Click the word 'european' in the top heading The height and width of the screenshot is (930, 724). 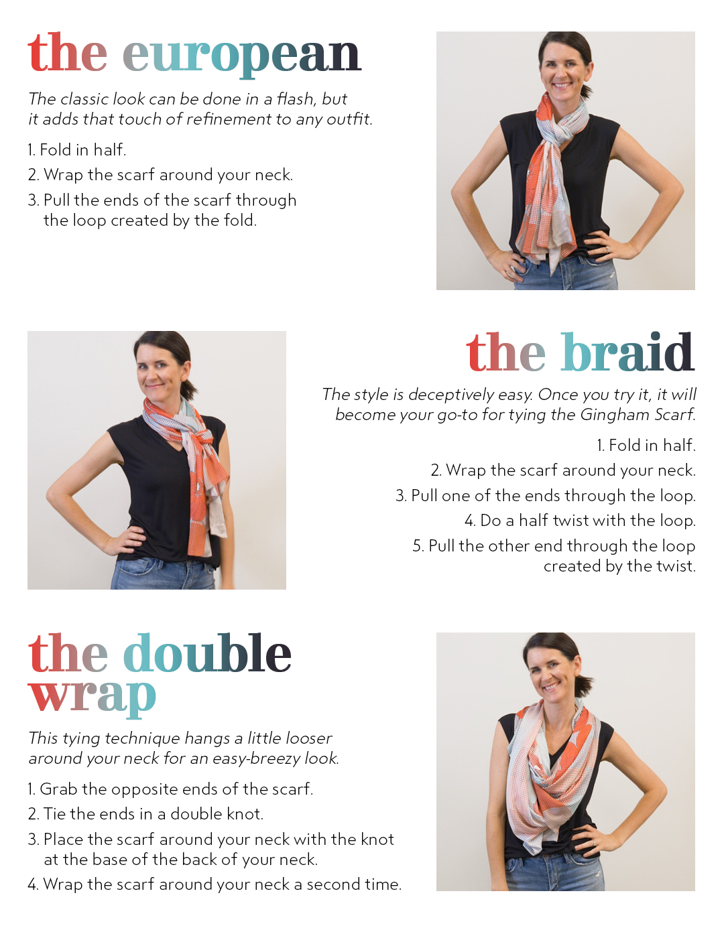point(241,55)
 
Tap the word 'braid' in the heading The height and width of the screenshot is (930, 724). point(627,353)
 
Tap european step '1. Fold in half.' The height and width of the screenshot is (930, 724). point(77,150)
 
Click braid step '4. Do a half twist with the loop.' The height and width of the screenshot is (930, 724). point(580,521)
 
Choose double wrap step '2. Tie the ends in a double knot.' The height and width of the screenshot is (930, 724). point(145,814)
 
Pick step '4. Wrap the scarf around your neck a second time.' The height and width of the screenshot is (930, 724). point(215,884)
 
